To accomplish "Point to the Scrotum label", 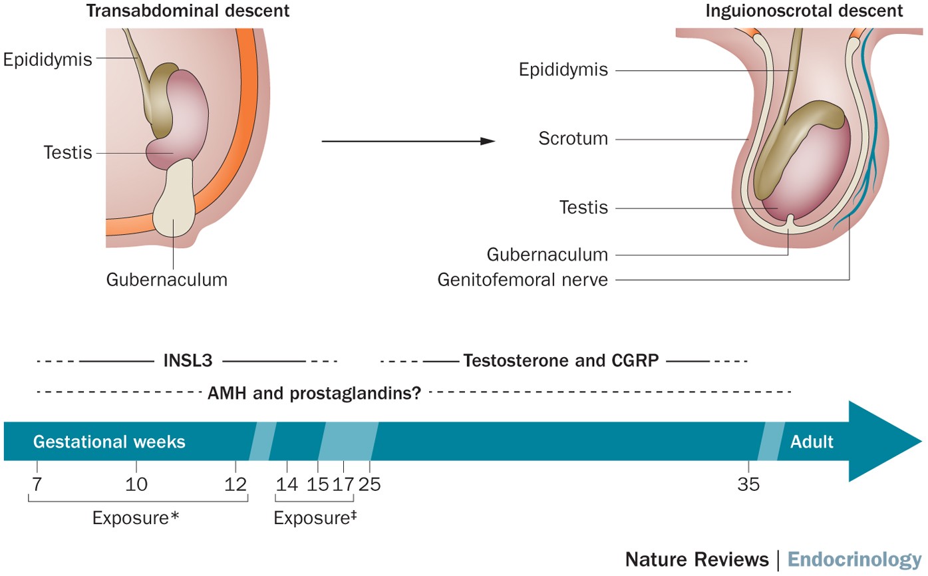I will [x=573, y=139].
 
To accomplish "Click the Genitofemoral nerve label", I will [x=523, y=279].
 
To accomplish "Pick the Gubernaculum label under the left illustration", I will [x=166, y=279].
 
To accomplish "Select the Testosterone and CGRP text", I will [x=561, y=362].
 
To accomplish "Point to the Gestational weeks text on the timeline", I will [x=109, y=442].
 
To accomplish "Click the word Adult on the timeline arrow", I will [x=812, y=442].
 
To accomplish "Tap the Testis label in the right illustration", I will [x=584, y=208].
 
